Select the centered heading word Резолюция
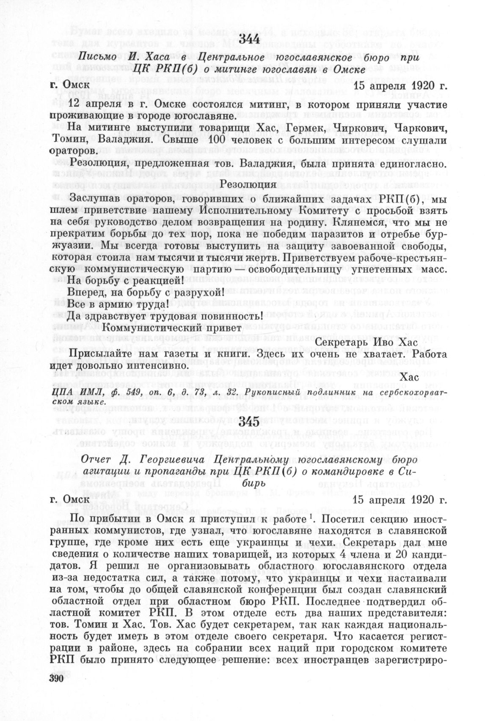[x=248, y=184]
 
